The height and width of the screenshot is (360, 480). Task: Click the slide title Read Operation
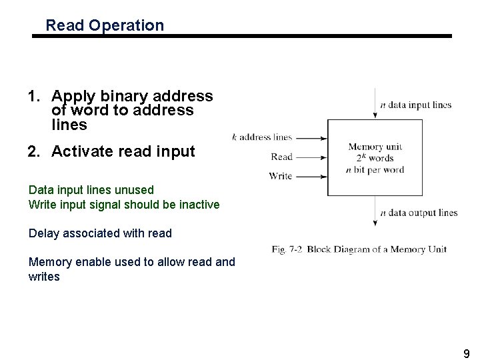[105, 26]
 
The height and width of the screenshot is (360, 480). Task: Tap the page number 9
[467, 354]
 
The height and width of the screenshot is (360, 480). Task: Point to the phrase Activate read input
[123, 152]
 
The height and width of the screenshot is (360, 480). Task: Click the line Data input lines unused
[91, 190]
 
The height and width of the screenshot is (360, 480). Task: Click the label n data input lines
[415, 105]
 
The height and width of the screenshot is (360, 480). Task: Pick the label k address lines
[262, 137]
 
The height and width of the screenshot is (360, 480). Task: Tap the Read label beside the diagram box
[281, 157]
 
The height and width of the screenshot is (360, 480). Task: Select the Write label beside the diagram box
[281, 177]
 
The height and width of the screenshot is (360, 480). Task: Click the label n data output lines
[419, 213]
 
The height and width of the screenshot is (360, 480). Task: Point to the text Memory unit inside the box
[375, 147]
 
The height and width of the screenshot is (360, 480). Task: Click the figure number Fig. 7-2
[288, 249]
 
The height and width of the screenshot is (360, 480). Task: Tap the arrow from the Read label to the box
[311, 157]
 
